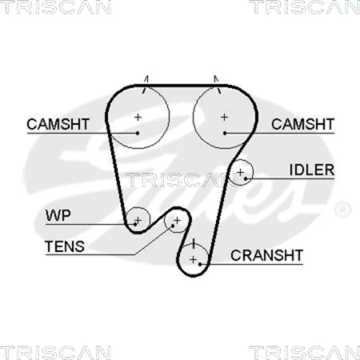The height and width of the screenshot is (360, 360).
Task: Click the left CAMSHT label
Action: point(58,124)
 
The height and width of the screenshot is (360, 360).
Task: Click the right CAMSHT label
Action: point(302,124)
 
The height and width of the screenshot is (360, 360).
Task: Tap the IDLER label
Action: point(312,170)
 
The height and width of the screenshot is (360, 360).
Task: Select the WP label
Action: point(58,215)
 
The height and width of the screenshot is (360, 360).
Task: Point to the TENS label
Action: point(65,246)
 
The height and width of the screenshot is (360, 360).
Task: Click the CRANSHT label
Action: point(266,256)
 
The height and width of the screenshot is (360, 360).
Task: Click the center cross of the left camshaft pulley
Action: point(138,117)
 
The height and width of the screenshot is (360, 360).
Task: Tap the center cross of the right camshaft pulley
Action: point(225,117)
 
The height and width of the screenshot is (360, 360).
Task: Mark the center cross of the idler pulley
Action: point(240,172)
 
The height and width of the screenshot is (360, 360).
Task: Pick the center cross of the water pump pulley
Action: point(138,220)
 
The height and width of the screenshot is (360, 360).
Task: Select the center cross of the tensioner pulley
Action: point(177,220)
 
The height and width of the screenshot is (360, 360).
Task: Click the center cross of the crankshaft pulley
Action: point(193,259)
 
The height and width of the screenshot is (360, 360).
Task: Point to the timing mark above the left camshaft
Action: point(145,84)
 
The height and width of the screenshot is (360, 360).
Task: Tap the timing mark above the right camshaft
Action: point(217,84)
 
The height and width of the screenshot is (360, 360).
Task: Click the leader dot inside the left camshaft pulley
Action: point(138,133)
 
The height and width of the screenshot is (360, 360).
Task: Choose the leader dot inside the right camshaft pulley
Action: point(225,133)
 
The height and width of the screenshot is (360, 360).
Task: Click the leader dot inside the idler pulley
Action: point(246,179)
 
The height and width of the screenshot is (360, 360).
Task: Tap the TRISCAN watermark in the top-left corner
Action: point(55,7)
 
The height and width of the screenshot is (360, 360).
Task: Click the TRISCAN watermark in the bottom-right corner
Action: point(305,353)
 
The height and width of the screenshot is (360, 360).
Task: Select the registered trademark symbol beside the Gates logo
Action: point(343,210)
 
